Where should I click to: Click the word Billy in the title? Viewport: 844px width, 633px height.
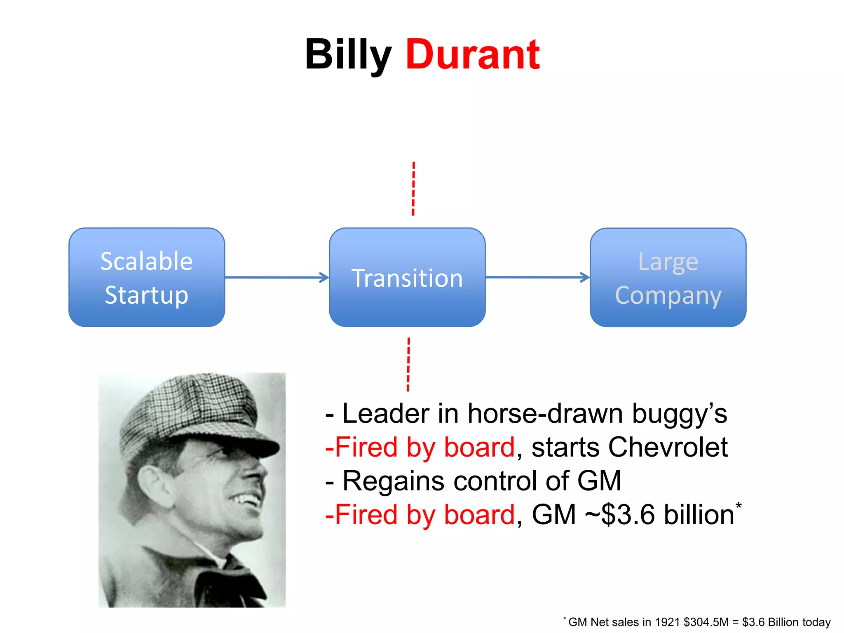pos(347,55)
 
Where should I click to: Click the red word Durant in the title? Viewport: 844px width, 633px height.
pos(472,55)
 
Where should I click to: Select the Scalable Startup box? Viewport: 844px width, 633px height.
pos(147,277)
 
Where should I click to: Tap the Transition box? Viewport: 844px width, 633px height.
pos(407,277)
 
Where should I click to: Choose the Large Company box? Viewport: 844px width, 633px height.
pos(668,277)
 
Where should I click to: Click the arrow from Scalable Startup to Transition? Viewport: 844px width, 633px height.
pos(277,277)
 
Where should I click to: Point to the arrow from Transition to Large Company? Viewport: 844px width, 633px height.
pos(537,277)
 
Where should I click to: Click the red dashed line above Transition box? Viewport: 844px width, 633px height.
pos(413,189)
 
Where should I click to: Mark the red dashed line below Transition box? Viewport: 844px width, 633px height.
pos(408,364)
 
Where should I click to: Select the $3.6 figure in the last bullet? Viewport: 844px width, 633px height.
pos(628,515)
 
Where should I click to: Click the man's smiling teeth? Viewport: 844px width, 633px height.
pos(247,501)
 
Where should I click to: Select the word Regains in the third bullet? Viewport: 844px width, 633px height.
pos(394,481)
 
